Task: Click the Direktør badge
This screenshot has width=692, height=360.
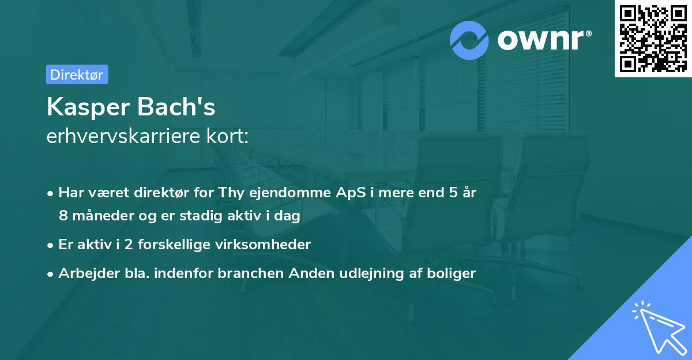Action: pyautogui.click(x=77, y=74)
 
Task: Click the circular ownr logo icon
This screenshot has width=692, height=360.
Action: pyautogui.click(x=469, y=40)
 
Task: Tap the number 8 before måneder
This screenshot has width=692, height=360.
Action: pyautogui.click(x=63, y=216)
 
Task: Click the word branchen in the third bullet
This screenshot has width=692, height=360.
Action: pyautogui.click(x=246, y=273)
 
